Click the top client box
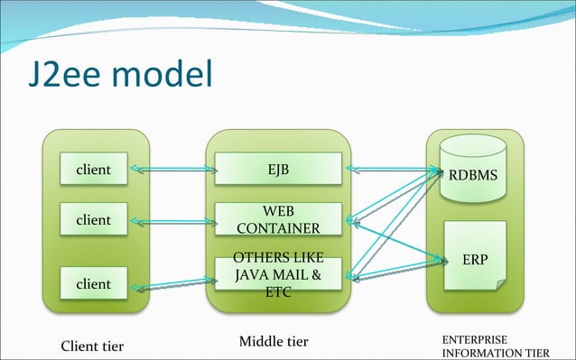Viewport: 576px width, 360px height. click(93, 169)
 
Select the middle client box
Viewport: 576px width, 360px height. click(93, 220)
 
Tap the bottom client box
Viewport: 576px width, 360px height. click(93, 283)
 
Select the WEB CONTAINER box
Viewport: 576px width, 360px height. click(278, 218)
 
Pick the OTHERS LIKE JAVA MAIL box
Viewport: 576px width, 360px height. click(278, 273)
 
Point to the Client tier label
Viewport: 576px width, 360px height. click(91, 346)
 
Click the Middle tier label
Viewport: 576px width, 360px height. click(274, 342)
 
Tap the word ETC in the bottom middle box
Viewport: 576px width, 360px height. click(278, 291)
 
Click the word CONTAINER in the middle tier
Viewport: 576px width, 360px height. click(278, 227)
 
